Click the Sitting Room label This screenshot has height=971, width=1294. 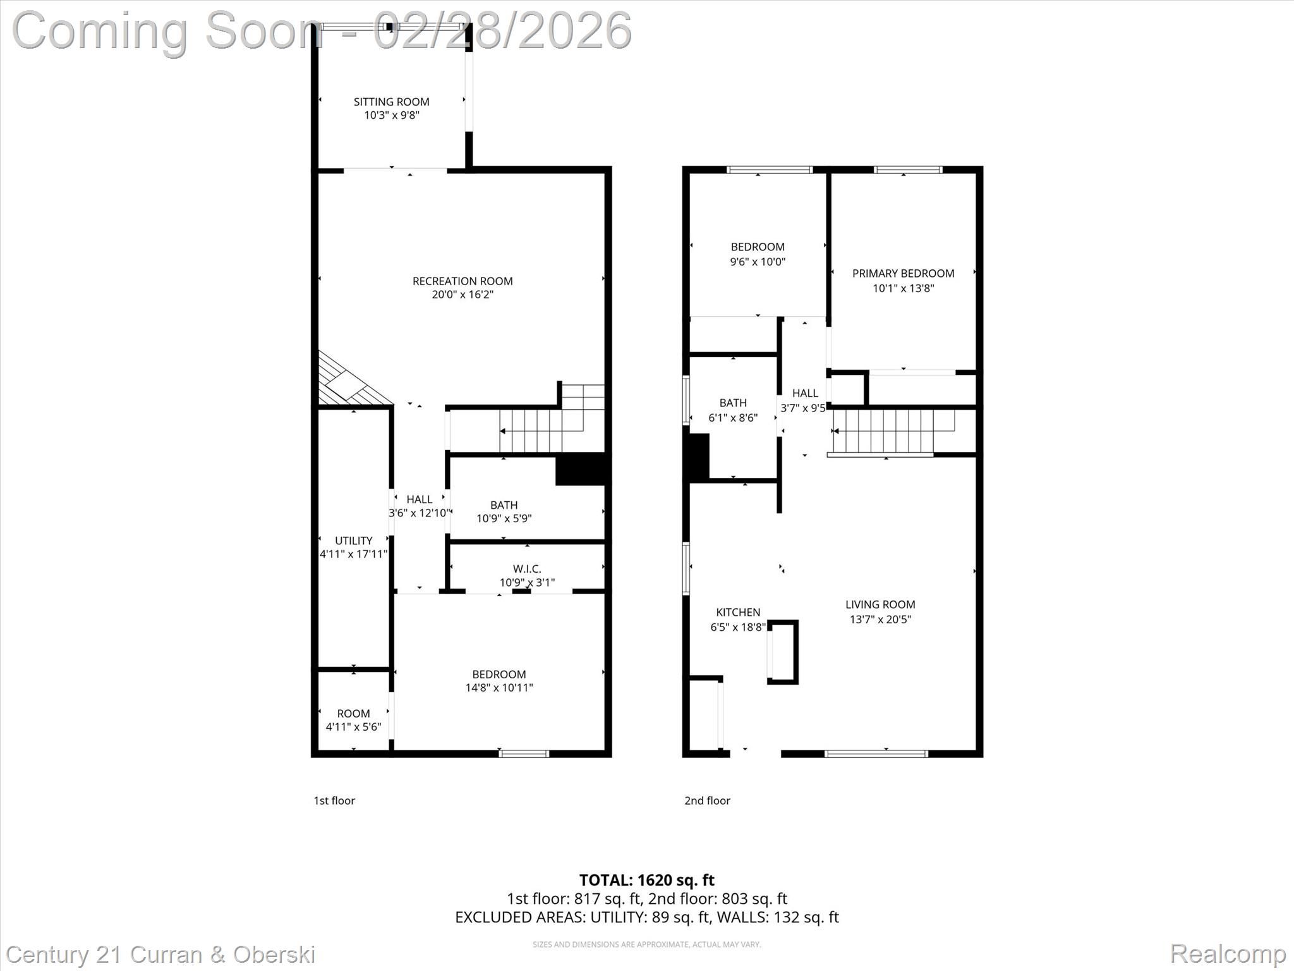coord(391,102)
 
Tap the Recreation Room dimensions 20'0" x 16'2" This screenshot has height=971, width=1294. coord(463,295)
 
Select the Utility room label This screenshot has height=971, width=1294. coord(353,540)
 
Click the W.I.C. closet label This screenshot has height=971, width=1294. coord(527,569)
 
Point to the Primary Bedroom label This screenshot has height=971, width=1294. coord(903,273)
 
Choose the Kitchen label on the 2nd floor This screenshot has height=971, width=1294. coord(738,612)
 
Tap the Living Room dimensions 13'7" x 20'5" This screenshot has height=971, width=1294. coord(880,620)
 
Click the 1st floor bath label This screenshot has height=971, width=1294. coord(504,505)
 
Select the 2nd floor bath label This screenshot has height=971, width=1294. coord(733,403)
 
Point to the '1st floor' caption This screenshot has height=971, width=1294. coord(334,800)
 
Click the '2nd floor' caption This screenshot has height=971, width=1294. coord(707,800)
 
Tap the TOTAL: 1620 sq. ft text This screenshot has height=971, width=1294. coord(646,880)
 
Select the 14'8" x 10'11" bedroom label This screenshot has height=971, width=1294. coord(499,681)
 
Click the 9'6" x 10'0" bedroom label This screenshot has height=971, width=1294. coord(758,254)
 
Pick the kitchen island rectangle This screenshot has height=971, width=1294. coord(783,652)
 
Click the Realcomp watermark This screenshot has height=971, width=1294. coord(1228,953)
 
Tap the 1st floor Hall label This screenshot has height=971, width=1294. coord(420,499)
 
